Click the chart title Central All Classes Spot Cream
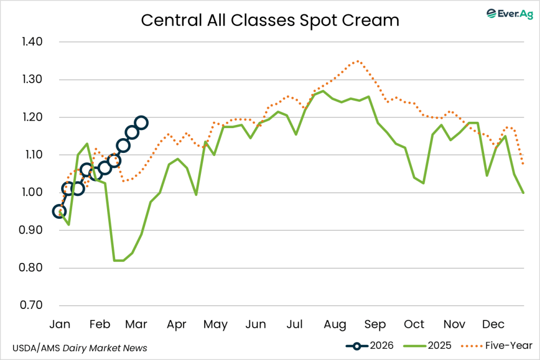click(x=270, y=20)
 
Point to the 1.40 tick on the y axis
click(x=33, y=42)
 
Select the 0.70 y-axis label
click(x=33, y=306)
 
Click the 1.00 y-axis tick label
click(x=33, y=193)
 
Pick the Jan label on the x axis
click(x=60, y=324)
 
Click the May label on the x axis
click(x=215, y=324)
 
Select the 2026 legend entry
click(x=369, y=346)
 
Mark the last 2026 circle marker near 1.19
click(x=141, y=123)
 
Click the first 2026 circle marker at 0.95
click(x=60, y=211)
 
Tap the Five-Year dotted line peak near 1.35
click(x=358, y=61)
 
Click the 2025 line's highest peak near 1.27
click(x=323, y=91)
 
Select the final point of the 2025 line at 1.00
click(x=523, y=192)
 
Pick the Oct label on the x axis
click(x=414, y=324)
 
